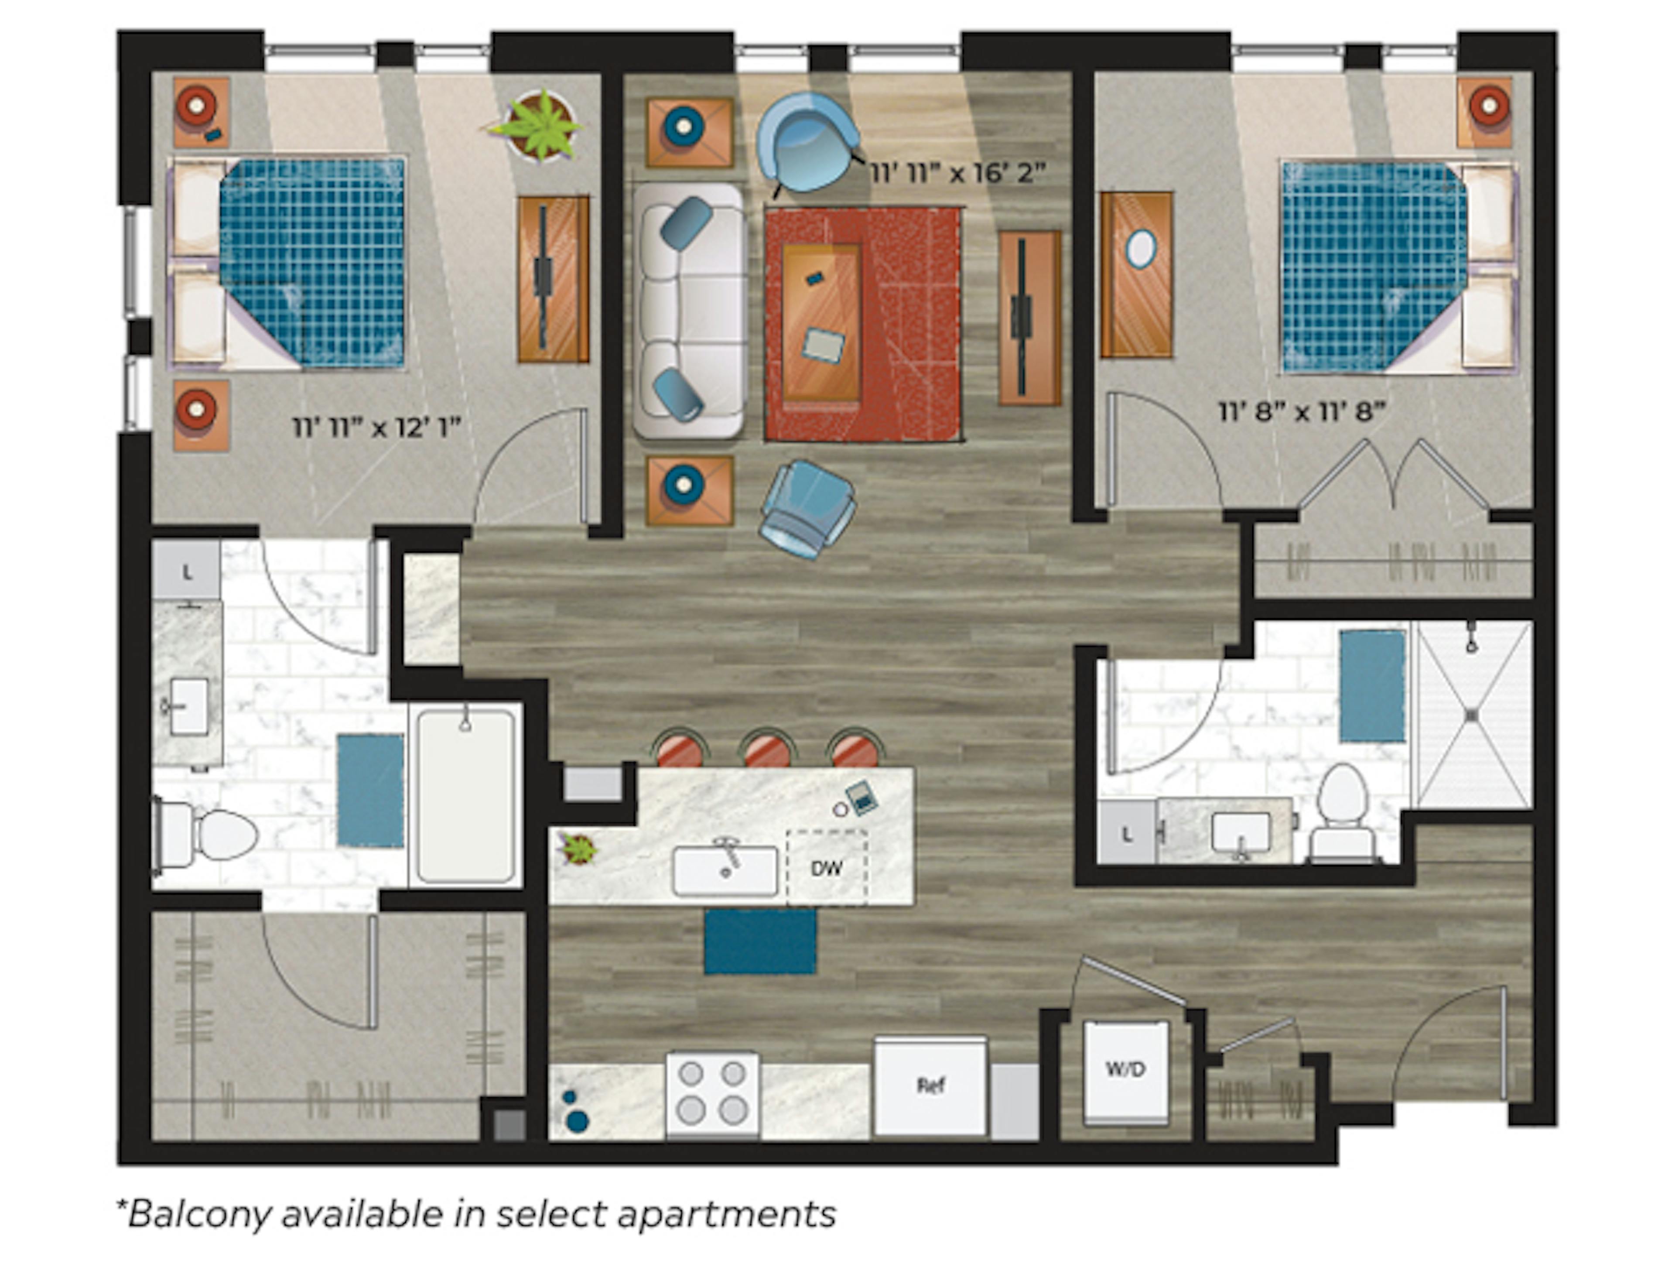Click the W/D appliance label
pos(1125,1069)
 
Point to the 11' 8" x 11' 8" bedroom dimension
pos(1302,413)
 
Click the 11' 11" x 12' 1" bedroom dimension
pos(376,428)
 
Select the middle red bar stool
pos(766,750)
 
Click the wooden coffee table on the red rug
pos(822,322)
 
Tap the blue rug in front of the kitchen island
pos(759,941)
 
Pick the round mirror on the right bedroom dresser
pos(1140,248)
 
